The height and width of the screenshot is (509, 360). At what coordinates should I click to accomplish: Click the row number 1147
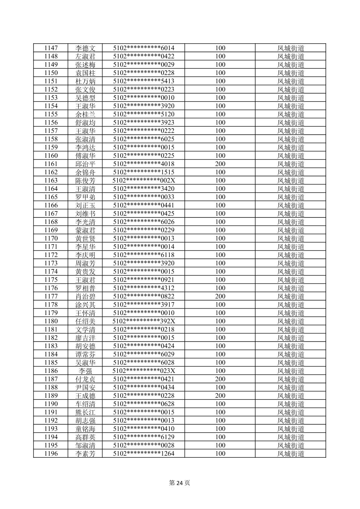point(51,48)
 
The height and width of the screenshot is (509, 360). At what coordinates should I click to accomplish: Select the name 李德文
point(85,48)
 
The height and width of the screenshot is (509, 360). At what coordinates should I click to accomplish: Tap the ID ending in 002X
point(144,180)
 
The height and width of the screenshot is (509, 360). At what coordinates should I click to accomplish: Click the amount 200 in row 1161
point(220,164)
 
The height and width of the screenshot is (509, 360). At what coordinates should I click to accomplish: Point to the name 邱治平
point(85,164)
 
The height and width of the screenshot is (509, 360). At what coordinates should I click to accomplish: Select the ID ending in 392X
point(144,321)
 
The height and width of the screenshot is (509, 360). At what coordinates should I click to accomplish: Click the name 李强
point(85,371)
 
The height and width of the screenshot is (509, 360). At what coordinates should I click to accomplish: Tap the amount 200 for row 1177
point(220,296)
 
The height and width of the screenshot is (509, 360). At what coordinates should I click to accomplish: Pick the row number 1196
point(51,453)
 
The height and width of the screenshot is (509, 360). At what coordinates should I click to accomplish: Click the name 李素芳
point(85,453)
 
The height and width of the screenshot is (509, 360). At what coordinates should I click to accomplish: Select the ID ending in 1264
point(144,453)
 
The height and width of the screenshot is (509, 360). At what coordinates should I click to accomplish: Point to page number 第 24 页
point(179,483)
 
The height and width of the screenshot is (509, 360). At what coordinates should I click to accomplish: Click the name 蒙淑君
point(85,230)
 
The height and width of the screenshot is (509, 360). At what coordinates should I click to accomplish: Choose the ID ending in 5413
point(144,81)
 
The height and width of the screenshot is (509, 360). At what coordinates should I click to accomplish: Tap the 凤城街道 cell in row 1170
point(291,238)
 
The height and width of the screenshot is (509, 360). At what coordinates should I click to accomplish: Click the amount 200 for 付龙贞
point(220,379)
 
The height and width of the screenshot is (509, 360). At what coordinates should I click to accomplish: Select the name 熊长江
point(85,412)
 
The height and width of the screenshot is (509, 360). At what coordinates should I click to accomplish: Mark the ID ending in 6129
point(144,437)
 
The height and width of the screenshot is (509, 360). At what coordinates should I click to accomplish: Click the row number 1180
point(51,321)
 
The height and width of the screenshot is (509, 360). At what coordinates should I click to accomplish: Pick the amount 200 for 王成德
point(220,395)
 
